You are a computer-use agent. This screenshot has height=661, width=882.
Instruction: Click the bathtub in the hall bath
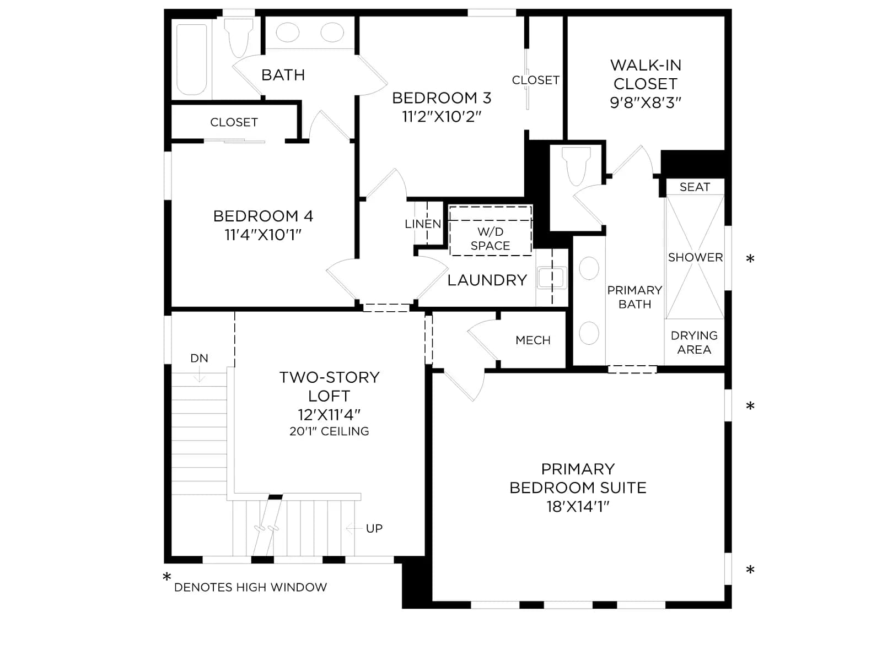(x=192, y=59)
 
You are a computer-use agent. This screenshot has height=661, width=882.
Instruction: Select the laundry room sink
(x=552, y=277)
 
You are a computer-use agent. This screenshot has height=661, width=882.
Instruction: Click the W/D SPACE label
(x=490, y=239)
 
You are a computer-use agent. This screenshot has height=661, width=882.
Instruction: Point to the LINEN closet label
(x=423, y=224)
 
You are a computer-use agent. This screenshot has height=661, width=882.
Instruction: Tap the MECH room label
(x=533, y=340)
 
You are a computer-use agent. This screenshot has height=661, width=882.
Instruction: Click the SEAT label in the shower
(x=695, y=187)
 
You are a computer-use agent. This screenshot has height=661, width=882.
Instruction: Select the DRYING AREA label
(x=694, y=342)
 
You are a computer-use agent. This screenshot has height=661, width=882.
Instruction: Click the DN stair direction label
(x=200, y=358)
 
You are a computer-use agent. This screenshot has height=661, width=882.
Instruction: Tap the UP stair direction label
(x=374, y=529)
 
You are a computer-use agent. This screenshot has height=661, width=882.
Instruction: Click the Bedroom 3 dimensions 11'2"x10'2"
(x=442, y=117)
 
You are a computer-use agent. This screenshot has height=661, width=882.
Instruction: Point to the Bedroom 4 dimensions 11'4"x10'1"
(x=263, y=235)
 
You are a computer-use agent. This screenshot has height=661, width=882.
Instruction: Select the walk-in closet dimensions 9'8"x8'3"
(x=646, y=103)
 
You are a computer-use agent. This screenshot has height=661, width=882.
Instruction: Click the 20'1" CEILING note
(x=329, y=431)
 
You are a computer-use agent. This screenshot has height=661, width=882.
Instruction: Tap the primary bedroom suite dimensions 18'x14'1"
(x=578, y=506)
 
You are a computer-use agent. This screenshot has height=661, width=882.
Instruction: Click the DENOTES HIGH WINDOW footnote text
(x=250, y=587)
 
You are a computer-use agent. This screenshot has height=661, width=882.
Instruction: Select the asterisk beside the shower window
(x=750, y=259)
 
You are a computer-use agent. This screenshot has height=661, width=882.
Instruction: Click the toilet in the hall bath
(x=238, y=37)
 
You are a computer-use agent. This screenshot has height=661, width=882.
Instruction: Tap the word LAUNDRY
(x=487, y=280)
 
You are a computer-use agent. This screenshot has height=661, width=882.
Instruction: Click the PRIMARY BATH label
(x=634, y=297)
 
